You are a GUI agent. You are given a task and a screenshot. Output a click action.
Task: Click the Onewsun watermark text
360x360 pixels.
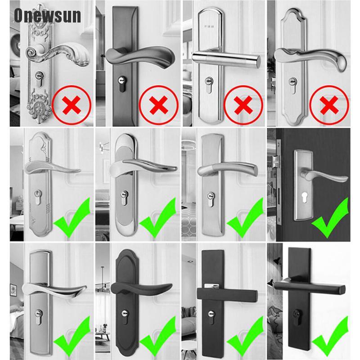(x=47, y=15)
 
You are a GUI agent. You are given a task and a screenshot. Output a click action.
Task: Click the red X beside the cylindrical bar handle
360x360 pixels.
(x=243, y=106)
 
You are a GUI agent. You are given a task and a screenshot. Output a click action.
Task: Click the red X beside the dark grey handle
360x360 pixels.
(x=157, y=106)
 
